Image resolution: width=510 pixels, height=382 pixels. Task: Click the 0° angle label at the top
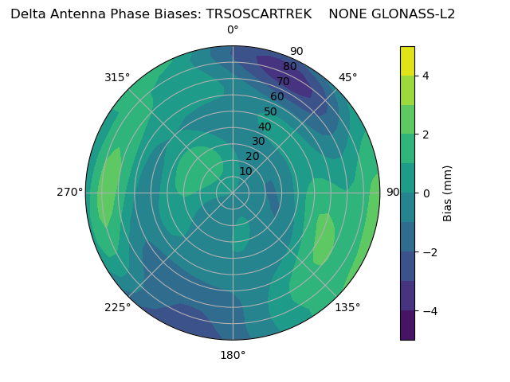233,30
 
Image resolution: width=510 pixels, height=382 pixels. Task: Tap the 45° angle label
348,77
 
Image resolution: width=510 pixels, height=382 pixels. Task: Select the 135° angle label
347,307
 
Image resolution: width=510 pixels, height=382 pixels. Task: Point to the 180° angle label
233,355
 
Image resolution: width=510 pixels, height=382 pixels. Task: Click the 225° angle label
117,307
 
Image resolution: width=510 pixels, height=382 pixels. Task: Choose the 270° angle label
69,192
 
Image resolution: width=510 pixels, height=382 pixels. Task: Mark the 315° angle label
117,77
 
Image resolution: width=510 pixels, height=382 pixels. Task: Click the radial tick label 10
245,172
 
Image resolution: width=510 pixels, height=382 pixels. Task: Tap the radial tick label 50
270,111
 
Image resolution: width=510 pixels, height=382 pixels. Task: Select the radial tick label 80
289,66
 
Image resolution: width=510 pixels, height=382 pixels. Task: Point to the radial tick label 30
258,142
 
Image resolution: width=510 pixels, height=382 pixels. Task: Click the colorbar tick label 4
426,76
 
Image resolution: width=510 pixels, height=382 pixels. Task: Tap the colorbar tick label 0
426,193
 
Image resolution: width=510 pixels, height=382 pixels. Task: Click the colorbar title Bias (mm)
448,193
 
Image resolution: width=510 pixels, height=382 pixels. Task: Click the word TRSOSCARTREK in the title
246,14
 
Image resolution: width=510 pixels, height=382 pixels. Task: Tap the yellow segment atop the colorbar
407,60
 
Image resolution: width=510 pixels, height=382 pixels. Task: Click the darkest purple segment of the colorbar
407,325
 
